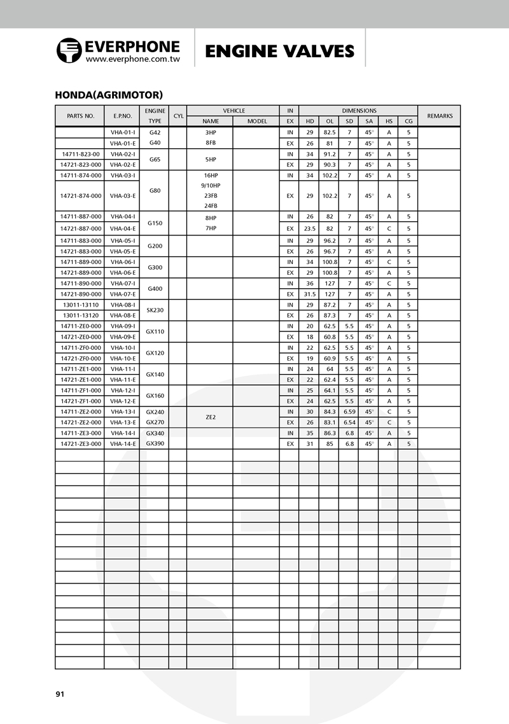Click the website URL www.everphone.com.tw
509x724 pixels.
coord(133,59)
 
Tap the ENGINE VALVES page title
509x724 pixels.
coord(279,51)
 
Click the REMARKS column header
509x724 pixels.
coord(440,116)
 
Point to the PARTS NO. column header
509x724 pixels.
coord(80,116)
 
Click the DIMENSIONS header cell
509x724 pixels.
coord(359,111)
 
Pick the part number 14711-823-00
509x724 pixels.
coord(80,154)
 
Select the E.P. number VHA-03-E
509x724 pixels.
coord(122,196)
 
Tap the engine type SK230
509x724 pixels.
coord(155,310)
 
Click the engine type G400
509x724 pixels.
coord(155,289)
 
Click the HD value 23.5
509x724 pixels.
coord(309,228)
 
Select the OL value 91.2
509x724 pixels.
coord(330,154)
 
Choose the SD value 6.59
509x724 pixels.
coord(349,412)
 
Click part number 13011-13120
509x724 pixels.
coord(80,315)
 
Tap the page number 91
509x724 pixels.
coord(60,694)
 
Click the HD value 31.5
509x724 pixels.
coord(309,294)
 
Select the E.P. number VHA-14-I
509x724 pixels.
coord(122,433)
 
